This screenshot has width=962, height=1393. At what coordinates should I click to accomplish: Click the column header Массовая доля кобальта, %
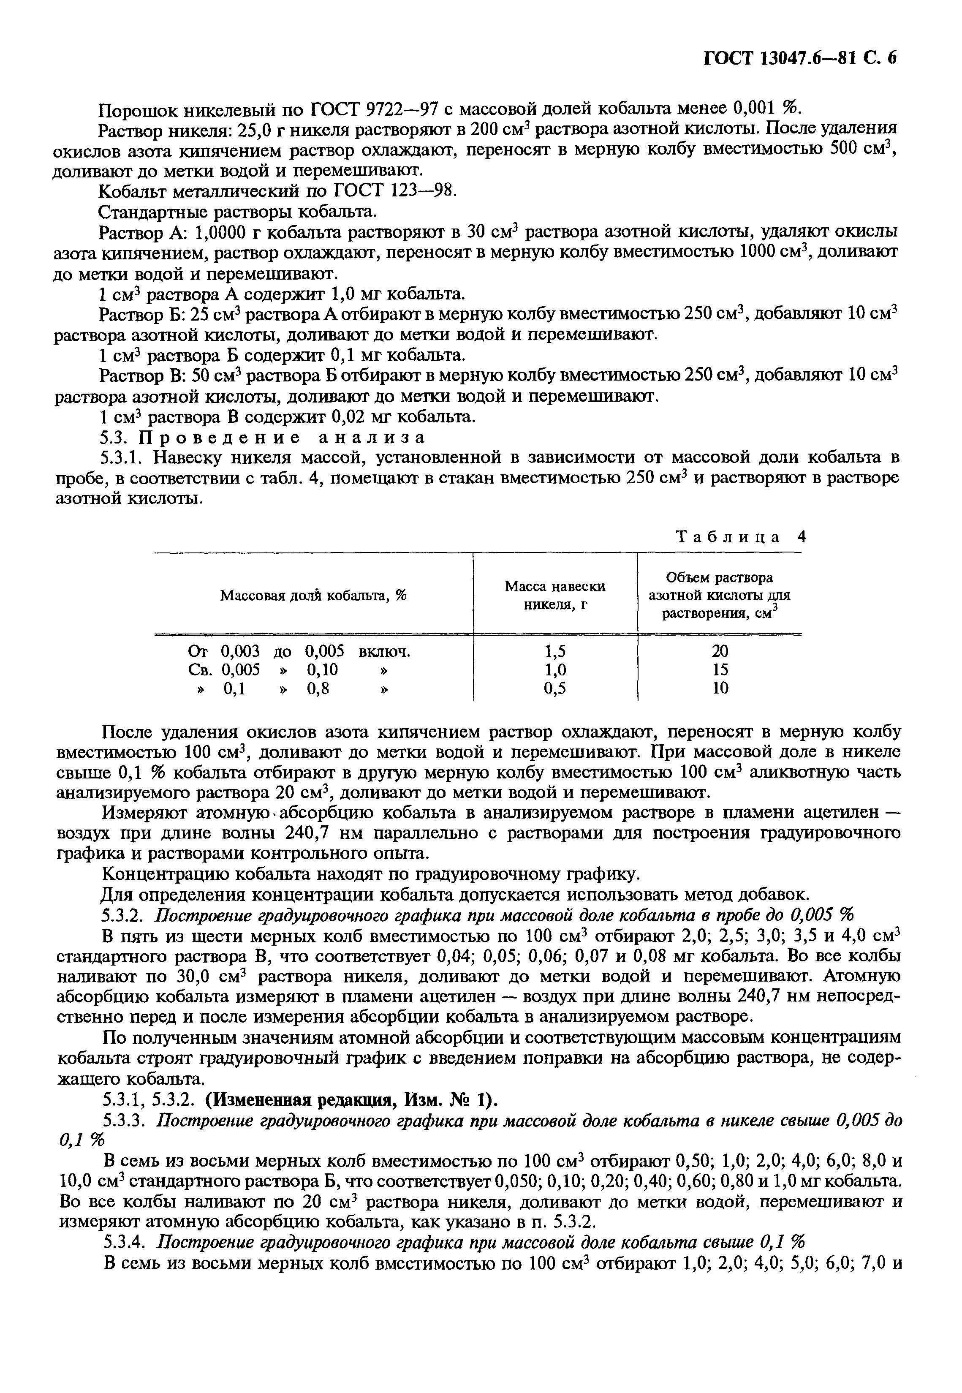point(313,596)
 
